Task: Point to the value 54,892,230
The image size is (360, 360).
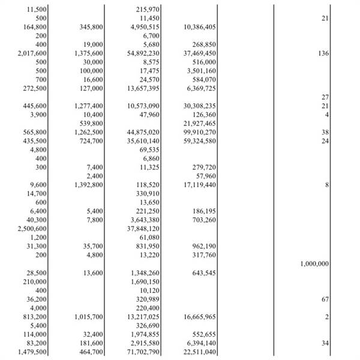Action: point(143,53)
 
